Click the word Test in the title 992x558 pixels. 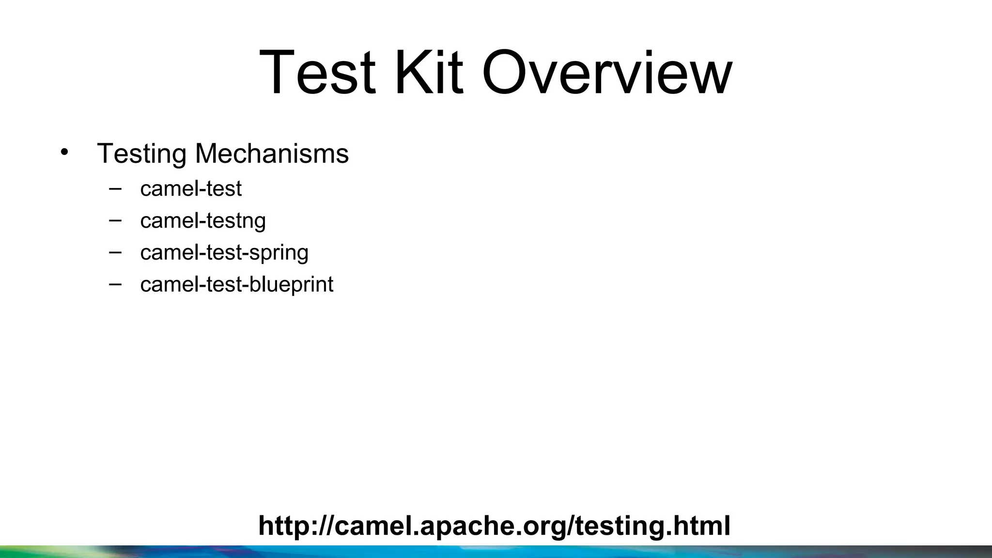[x=317, y=73]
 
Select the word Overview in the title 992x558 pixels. [x=607, y=73]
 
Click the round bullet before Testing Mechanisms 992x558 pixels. [x=64, y=152]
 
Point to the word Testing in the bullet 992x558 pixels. [x=141, y=154]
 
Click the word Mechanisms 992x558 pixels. [x=272, y=154]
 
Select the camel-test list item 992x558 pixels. [x=190, y=188]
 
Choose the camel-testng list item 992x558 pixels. [x=203, y=221]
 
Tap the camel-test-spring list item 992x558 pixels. [x=224, y=253]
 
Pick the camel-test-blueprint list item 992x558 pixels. [x=236, y=284]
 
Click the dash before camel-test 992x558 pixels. [x=115, y=188]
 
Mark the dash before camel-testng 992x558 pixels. [x=115, y=220]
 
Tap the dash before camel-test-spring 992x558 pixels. [x=115, y=252]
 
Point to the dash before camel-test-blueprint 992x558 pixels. [x=115, y=284]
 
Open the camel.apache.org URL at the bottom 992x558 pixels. [x=494, y=526]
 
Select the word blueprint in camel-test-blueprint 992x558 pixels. [x=291, y=285]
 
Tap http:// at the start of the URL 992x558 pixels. [x=296, y=526]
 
